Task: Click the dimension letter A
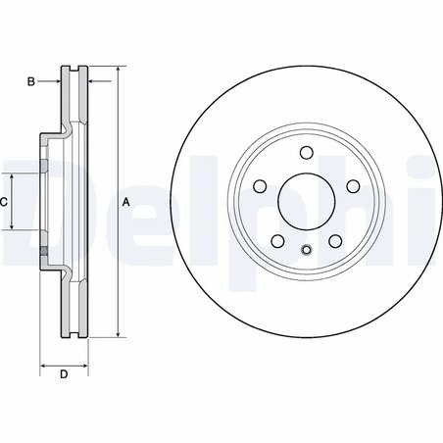coord(125,202)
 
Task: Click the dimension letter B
coord(31,82)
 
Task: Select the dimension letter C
coord(5,201)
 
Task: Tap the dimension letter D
coord(63,374)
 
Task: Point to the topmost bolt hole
coord(305,151)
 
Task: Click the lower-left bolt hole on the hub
coord(276,241)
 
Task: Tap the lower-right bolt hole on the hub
coord(334,241)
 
